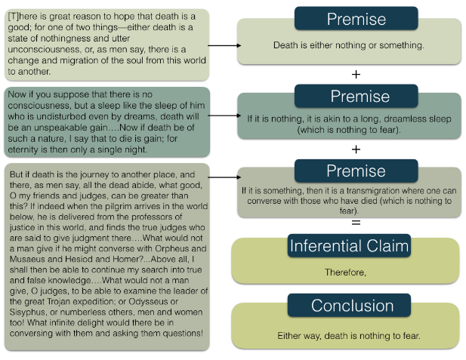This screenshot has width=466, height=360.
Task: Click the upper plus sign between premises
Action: (x=356, y=75)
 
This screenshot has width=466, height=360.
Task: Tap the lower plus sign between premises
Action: (x=356, y=149)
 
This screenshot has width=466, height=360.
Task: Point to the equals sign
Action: (x=356, y=223)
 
